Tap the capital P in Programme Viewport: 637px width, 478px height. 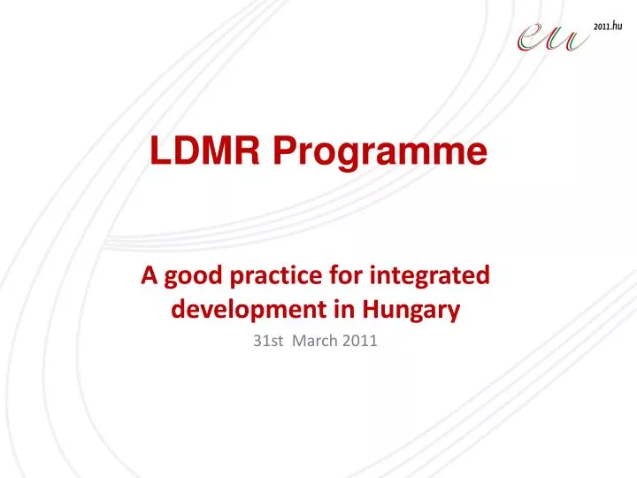click(x=282, y=152)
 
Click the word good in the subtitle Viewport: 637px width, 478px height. click(x=188, y=277)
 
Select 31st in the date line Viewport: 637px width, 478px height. click(x=266, y=342)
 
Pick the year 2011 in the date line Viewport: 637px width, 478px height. click(x=362, y=342)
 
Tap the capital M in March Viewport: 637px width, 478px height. click(x=302, y=342)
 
